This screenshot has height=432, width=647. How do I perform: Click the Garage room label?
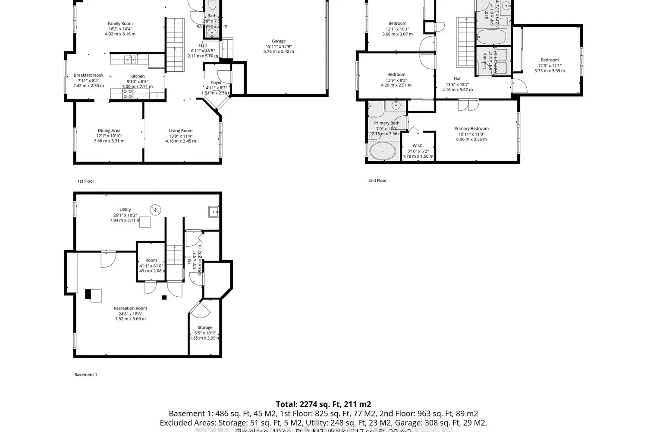click(x=279, y=41)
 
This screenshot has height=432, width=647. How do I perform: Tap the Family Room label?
click(x=120, y=24)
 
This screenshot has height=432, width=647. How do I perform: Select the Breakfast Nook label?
click(x=88, y=75)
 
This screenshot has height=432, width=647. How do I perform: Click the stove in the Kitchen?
click(x=128, y=94)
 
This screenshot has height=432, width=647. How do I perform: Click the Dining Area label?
click(x=109, y=130)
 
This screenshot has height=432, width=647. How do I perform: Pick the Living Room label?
click(x=180, y=130)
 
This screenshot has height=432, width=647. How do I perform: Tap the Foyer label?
click(x=216, y=83)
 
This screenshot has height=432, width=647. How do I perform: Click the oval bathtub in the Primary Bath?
click(x=383, y=151)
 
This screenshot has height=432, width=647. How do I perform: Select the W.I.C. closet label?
click(x=418, y=146)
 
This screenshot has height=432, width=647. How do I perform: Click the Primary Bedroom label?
click(x=471, y=129)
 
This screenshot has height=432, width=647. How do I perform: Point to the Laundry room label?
click(x=485, y=61)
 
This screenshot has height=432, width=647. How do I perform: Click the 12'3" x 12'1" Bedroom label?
click(x=550, y=60)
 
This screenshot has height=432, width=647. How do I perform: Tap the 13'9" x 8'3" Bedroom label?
click(x=396, y=75)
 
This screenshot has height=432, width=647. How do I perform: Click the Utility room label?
click(x=125, y=210)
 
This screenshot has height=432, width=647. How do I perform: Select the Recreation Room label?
click(x=130, y=308)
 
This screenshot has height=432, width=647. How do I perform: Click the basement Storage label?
click(x=205, y=327)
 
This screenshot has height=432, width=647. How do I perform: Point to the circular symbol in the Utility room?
click(x=155, y=210)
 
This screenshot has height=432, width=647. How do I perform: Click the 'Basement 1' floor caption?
click(x=85, y=375)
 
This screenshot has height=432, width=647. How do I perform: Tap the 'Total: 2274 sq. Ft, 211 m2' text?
click(x=323, y=404)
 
